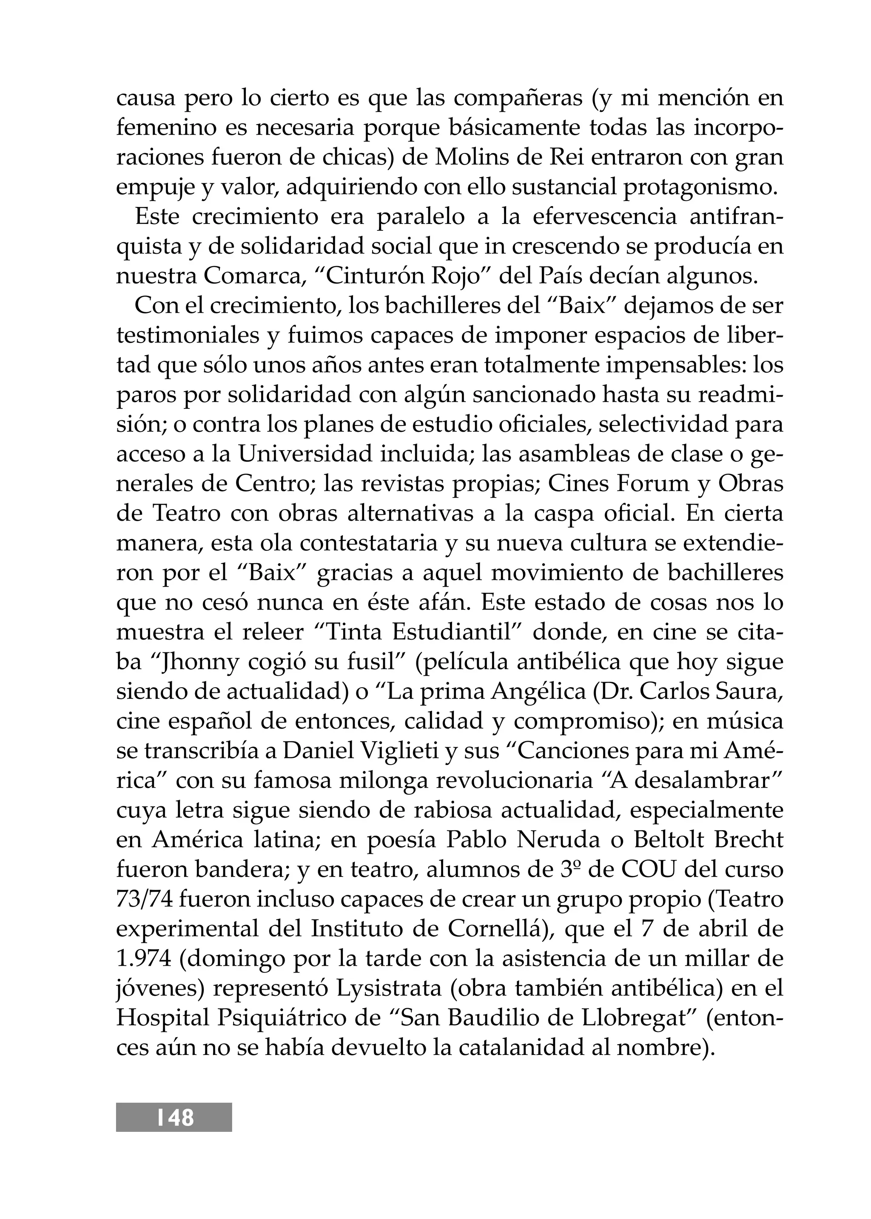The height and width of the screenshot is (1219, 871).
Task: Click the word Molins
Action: pyautogui.click(x=467, y=158)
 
